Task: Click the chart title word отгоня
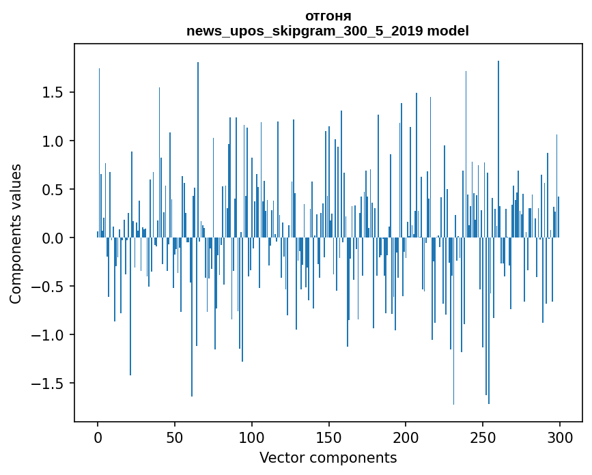pos(328,16)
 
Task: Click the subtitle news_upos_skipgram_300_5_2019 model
pos(328,31)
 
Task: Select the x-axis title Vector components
pos(328,457)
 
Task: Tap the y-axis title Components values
pos(16,233)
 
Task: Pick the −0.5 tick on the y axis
pos(48,287)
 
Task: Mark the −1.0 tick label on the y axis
pos(48,335)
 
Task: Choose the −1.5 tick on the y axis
pos(48,384)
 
